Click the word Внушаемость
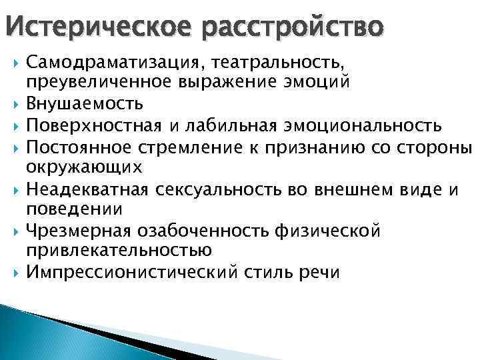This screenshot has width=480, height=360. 85,105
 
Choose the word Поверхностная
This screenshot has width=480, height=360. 104,125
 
